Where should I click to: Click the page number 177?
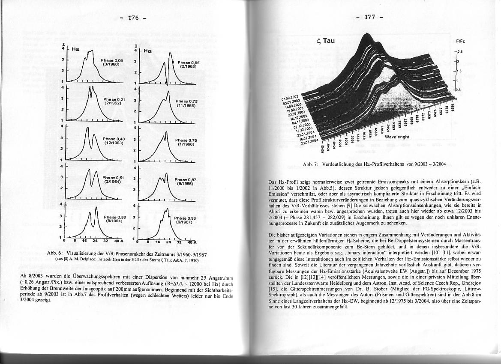tap(369, 17)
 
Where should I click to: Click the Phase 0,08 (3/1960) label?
tap(112, 62)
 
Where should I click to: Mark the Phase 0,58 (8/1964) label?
tap(114, 219)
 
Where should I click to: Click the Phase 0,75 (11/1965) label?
tap(186, 103)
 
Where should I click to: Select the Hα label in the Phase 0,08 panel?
tap(75, 49)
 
